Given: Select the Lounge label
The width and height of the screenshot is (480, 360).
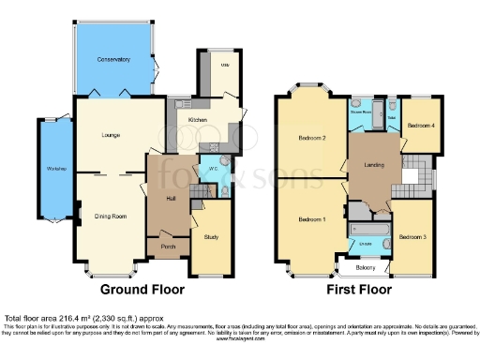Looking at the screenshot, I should tap(112, 136).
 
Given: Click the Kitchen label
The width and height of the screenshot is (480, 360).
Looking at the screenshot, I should tap(198, 121).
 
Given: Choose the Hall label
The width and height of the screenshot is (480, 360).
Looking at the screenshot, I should tap(171, 197).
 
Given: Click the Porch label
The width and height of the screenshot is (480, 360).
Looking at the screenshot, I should tap(169, 247).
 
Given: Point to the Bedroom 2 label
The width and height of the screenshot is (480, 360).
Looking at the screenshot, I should tap(311, 138).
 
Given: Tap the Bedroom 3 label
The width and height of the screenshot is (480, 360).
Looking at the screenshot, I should tap(412, 237).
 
